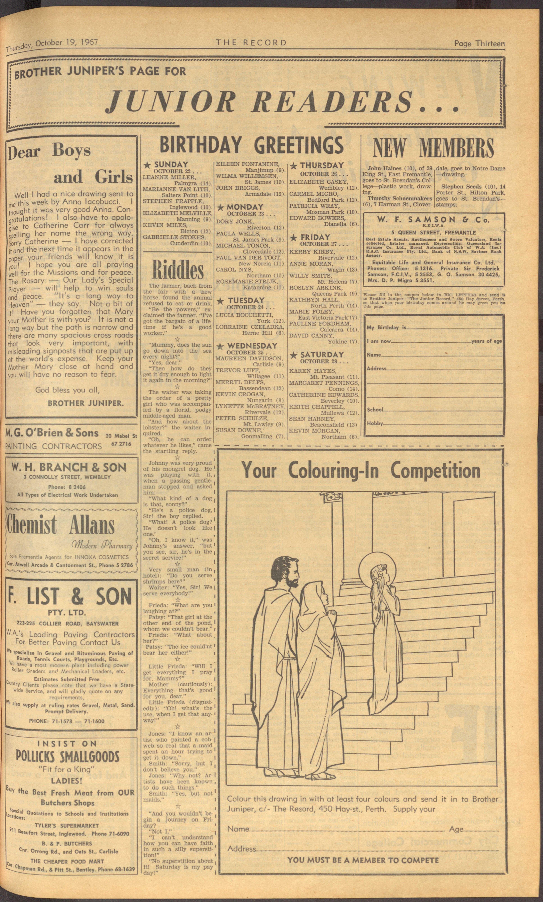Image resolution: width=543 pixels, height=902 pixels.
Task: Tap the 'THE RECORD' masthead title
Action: click(x=251, y=42)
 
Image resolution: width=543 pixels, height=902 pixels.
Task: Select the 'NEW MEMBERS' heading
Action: click(x=433, y=148)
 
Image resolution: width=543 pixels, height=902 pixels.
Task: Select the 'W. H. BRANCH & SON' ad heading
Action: click(x=69, y=467)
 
